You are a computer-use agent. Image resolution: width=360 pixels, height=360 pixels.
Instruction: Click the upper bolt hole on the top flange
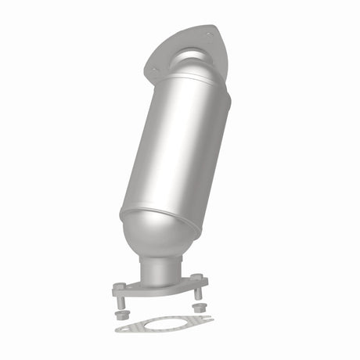pyautogui.click(x=208, y=33)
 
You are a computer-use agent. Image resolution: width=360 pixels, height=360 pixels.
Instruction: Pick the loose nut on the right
pyautogui.click(x=197, y=307)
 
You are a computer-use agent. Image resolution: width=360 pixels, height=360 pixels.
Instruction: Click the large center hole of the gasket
pyautogui.click(x=164, y=322)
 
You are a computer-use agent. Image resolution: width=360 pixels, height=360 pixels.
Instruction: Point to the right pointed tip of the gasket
pyautogui.click(x=210, y=317)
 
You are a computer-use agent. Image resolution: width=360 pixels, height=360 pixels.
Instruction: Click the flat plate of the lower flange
pyautogui.click(x=160, y=287)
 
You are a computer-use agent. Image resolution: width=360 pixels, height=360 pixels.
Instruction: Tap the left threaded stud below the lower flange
pyautogui.click(x=121, y=301)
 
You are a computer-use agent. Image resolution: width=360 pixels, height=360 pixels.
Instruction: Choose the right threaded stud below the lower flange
pyautogui.click(x=197, y=293)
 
